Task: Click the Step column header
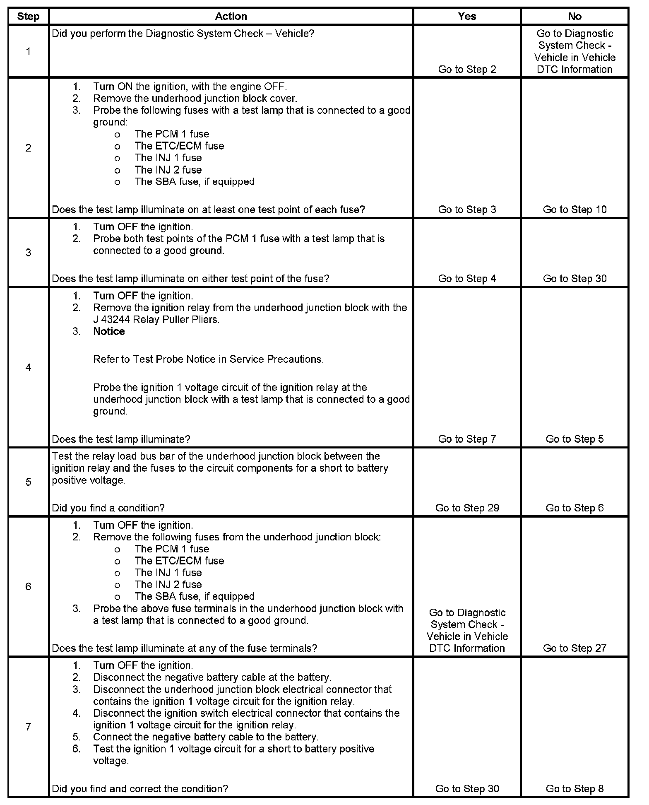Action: pos(28,17)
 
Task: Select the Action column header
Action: pos(231,17)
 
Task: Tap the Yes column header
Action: pos(467,17)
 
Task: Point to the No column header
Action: pos(574,17)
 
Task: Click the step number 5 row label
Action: pos(28,482)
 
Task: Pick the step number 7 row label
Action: pos(28,727)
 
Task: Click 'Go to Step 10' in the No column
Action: pos(574,210)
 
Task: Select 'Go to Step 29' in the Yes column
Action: pos(467,508)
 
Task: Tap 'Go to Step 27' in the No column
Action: pos(574,648)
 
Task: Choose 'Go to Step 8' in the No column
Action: pos(574,789)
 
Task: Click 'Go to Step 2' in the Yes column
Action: pos(467,70)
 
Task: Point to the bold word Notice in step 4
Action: pos(109,331)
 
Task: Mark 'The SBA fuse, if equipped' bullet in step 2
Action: pos(194,182)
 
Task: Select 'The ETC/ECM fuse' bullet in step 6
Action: pos(179,561)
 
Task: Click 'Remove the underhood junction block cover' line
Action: pos(195,99)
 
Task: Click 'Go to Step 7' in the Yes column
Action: pos(467,439)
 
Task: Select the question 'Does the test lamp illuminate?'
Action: pos(121,439)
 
